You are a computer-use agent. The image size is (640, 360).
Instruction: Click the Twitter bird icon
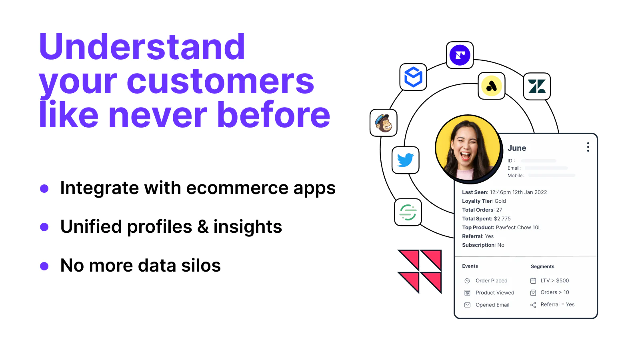point(406,160)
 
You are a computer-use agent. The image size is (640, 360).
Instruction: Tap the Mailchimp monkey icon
point(384,123)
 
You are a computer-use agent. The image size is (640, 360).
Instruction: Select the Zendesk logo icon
point(537,86)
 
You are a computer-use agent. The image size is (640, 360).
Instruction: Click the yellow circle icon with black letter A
point(492,86)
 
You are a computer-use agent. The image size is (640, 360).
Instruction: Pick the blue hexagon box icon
point(413,77)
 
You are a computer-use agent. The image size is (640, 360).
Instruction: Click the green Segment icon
point(408,212)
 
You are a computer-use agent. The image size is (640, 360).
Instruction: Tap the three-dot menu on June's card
point(588,147)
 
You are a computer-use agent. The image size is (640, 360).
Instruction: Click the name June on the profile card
point(517,148)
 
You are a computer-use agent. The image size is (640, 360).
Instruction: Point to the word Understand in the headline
point(142,46)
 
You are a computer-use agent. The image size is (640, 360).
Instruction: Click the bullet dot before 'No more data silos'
point(44,266)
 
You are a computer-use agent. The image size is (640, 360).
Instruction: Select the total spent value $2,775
point(502,218)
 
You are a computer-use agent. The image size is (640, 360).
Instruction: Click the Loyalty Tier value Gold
point(500,201)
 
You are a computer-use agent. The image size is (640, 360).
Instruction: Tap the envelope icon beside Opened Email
point(468,305)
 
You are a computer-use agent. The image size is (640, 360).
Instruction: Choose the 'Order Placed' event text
point(492,280)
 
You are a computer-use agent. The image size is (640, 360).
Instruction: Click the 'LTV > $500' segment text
point(554,280)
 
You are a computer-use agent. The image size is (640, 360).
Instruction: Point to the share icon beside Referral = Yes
point(533,305)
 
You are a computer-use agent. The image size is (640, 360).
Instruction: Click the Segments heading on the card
point(542,266)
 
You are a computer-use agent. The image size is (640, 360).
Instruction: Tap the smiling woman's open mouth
point(465,156)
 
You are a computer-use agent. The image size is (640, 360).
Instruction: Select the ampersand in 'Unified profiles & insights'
point(203,226)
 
